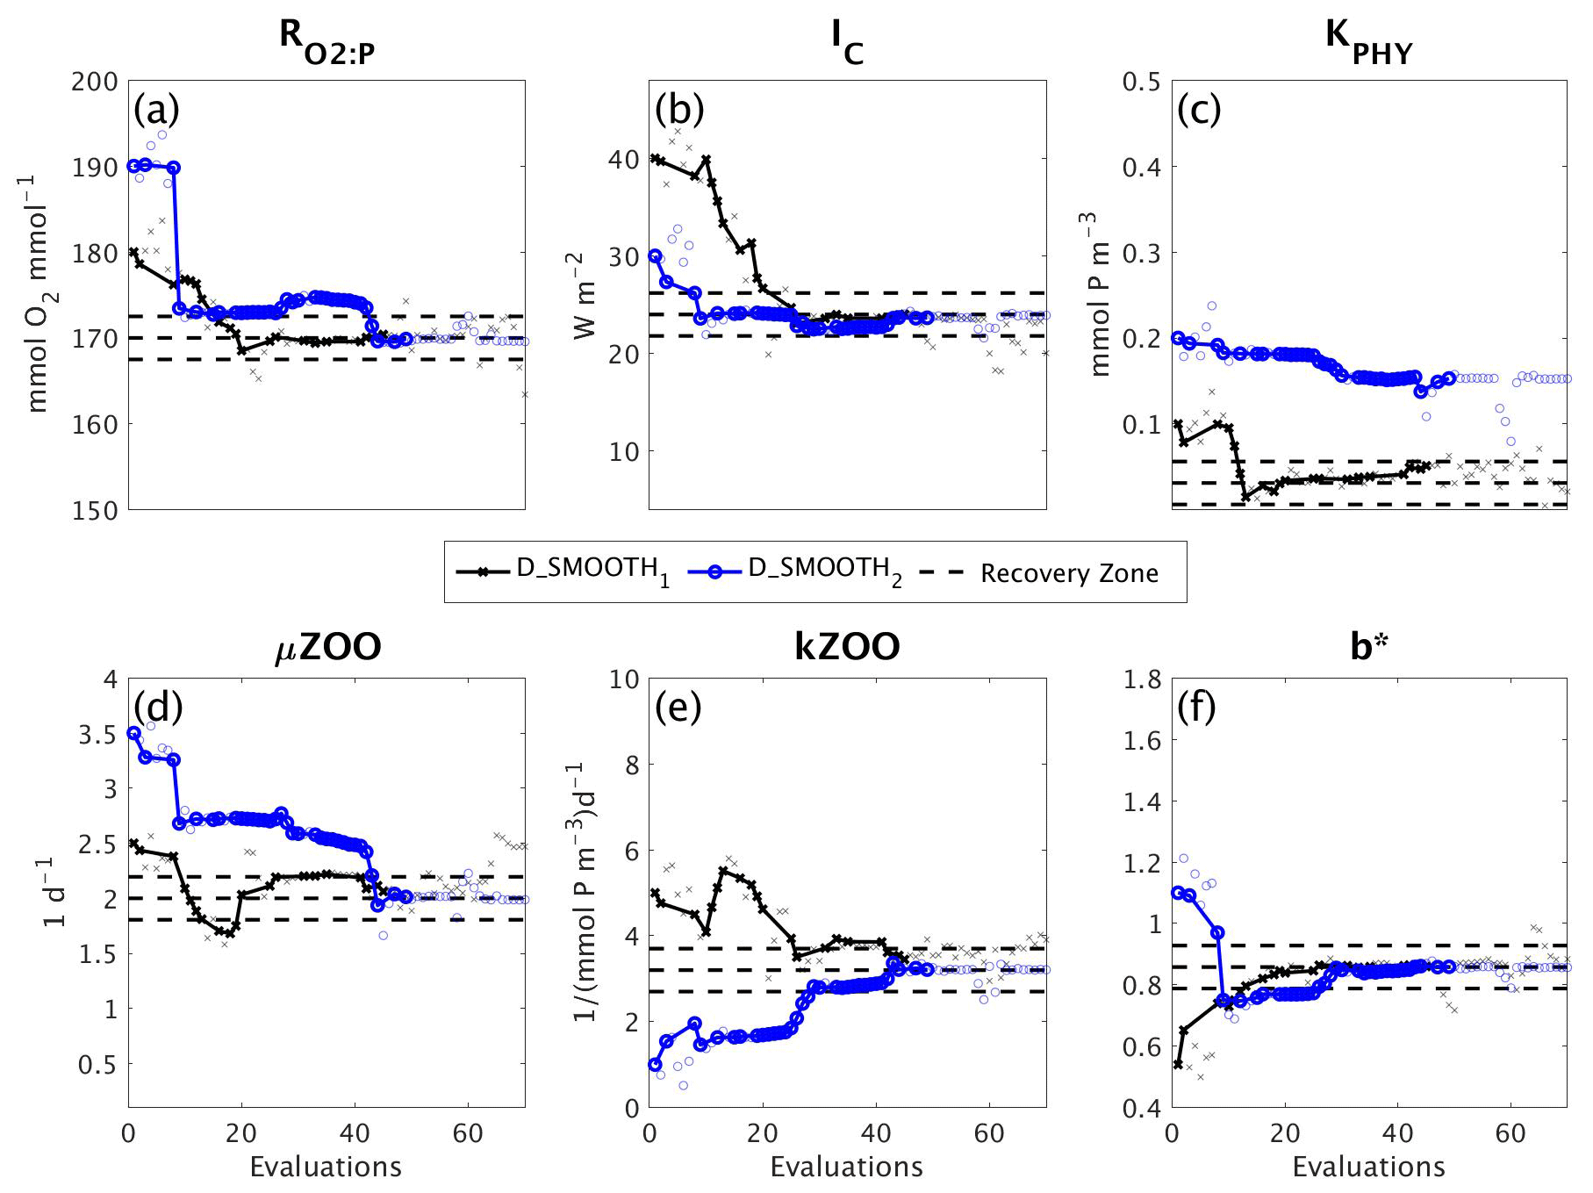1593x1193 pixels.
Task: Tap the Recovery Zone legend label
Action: pyautogui.click(x=1069, y=573)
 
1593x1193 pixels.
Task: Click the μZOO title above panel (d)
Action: pyautogui.click(x=327, y=647)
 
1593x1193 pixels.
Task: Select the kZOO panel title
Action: pyautogui.click(x=847, y=647)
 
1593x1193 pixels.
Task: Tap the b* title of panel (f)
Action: pyautogui.click(x=1368, y=647)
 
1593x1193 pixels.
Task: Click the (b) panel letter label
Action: pyautogui.click(x=679, y=110)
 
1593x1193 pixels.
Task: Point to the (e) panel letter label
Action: pyautogui.click(x=678, y=708)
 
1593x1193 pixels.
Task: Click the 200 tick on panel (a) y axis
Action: pyautogui.click(x=94, y=82)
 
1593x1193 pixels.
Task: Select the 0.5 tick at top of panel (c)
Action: pyautogui.click(x=1141, y=82)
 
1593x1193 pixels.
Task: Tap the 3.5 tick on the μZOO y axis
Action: pyautogui.click(x=97, y=734)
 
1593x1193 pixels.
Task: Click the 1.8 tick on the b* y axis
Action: pyautogui.click(x=1142, y=679)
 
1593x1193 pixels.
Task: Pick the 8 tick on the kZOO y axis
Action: pyautogui.click(x=631, y=765)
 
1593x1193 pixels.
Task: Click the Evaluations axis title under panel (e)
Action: pyautogui.click(x=846, y=1166)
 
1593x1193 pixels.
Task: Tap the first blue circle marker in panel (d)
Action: pyautogui.click(x=133, y=733)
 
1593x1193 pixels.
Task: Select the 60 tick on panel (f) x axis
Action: pyautogui.click(x=1510, y=1133)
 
